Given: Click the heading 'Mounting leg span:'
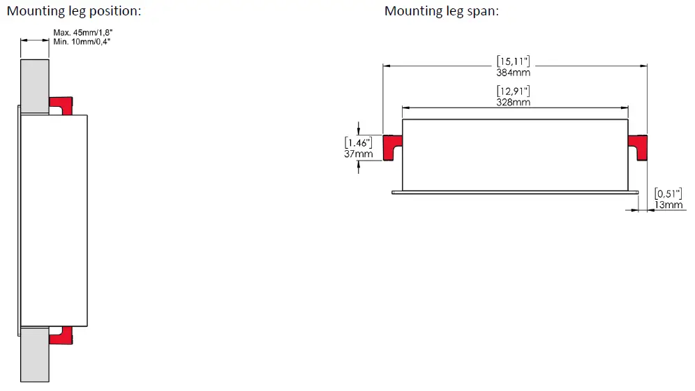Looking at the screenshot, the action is click(441, 11).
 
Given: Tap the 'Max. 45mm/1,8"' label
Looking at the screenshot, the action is click(82, 32).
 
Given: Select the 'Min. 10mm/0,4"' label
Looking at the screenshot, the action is click(82, 42).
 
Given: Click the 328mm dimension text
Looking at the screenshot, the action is click(514, 102).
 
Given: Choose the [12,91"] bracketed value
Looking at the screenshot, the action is click(514, 91).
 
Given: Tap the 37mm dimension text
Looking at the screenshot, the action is click(359, 154).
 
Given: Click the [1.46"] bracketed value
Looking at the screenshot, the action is click(359, 142).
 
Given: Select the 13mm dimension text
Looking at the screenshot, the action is click(668, 205).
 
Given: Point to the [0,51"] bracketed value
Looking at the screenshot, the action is click(668, 193).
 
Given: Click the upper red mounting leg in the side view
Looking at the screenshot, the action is click(61, 105).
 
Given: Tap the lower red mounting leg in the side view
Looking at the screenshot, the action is click(61, 335).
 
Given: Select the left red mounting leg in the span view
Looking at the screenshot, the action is click(392, 146).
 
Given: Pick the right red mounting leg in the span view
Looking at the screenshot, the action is click(638, 146).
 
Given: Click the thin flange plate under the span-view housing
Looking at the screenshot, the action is click(515, 191).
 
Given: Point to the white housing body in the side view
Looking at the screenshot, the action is click(54, 220).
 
